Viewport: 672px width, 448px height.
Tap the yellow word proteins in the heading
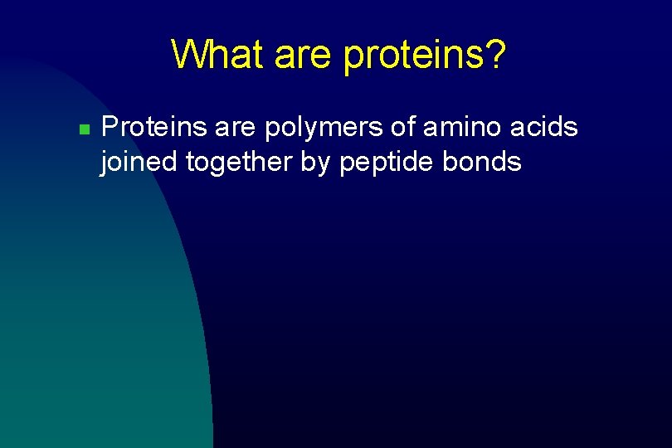(407, 56)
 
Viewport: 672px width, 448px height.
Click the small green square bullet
(83, 130)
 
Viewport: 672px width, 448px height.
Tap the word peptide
(387, 163)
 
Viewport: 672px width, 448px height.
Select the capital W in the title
(188, 55)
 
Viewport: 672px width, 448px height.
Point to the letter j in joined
(104, 163)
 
